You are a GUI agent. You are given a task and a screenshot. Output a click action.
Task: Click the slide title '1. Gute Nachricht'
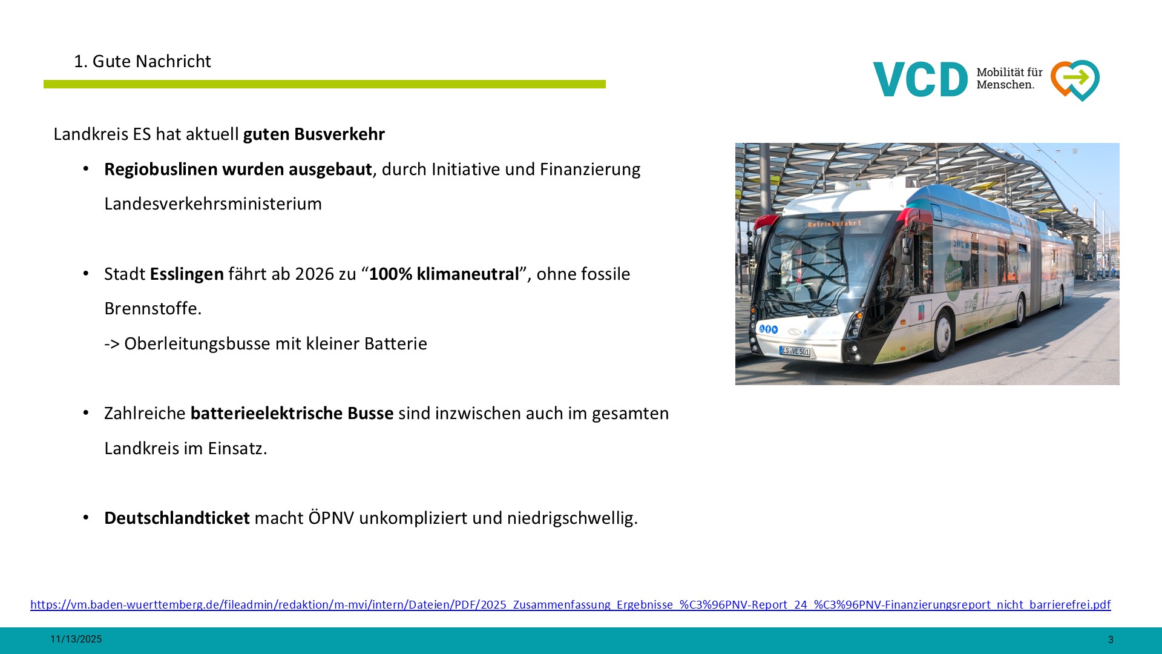click(x=142, y=61)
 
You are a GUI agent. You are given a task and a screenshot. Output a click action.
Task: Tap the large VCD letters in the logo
click(x=921, y=79)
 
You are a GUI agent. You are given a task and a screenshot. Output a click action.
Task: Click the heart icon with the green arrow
click(x=1075, y=80)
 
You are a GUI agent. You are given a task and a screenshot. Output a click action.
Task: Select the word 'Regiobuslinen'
click(x=161, y=169)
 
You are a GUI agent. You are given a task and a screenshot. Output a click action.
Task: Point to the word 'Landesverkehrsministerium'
click(x=213, y=203)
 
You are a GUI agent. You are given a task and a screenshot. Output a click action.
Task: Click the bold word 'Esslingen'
click(x=187, y=274)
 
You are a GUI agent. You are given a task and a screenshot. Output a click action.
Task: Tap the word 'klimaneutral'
click(x=468, y=274)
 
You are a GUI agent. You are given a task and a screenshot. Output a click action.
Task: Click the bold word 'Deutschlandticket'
click(x=177, y=518)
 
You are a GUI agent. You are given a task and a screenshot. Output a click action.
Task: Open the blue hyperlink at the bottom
click(x=571, y=604)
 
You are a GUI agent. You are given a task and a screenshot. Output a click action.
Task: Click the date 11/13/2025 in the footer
click(x=76, y=639)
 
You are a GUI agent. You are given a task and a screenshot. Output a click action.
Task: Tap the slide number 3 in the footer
click(x=1111, y=639)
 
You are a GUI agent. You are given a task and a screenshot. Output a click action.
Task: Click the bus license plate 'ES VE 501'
click(x=795, y=351)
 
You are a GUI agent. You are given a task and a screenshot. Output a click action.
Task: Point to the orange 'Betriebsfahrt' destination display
click(x=834, y=224)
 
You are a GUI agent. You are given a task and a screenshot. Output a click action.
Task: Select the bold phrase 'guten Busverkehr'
click(x=314, y=134)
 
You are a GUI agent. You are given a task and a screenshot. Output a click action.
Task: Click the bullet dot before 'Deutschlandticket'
click(x=86, y=517)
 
